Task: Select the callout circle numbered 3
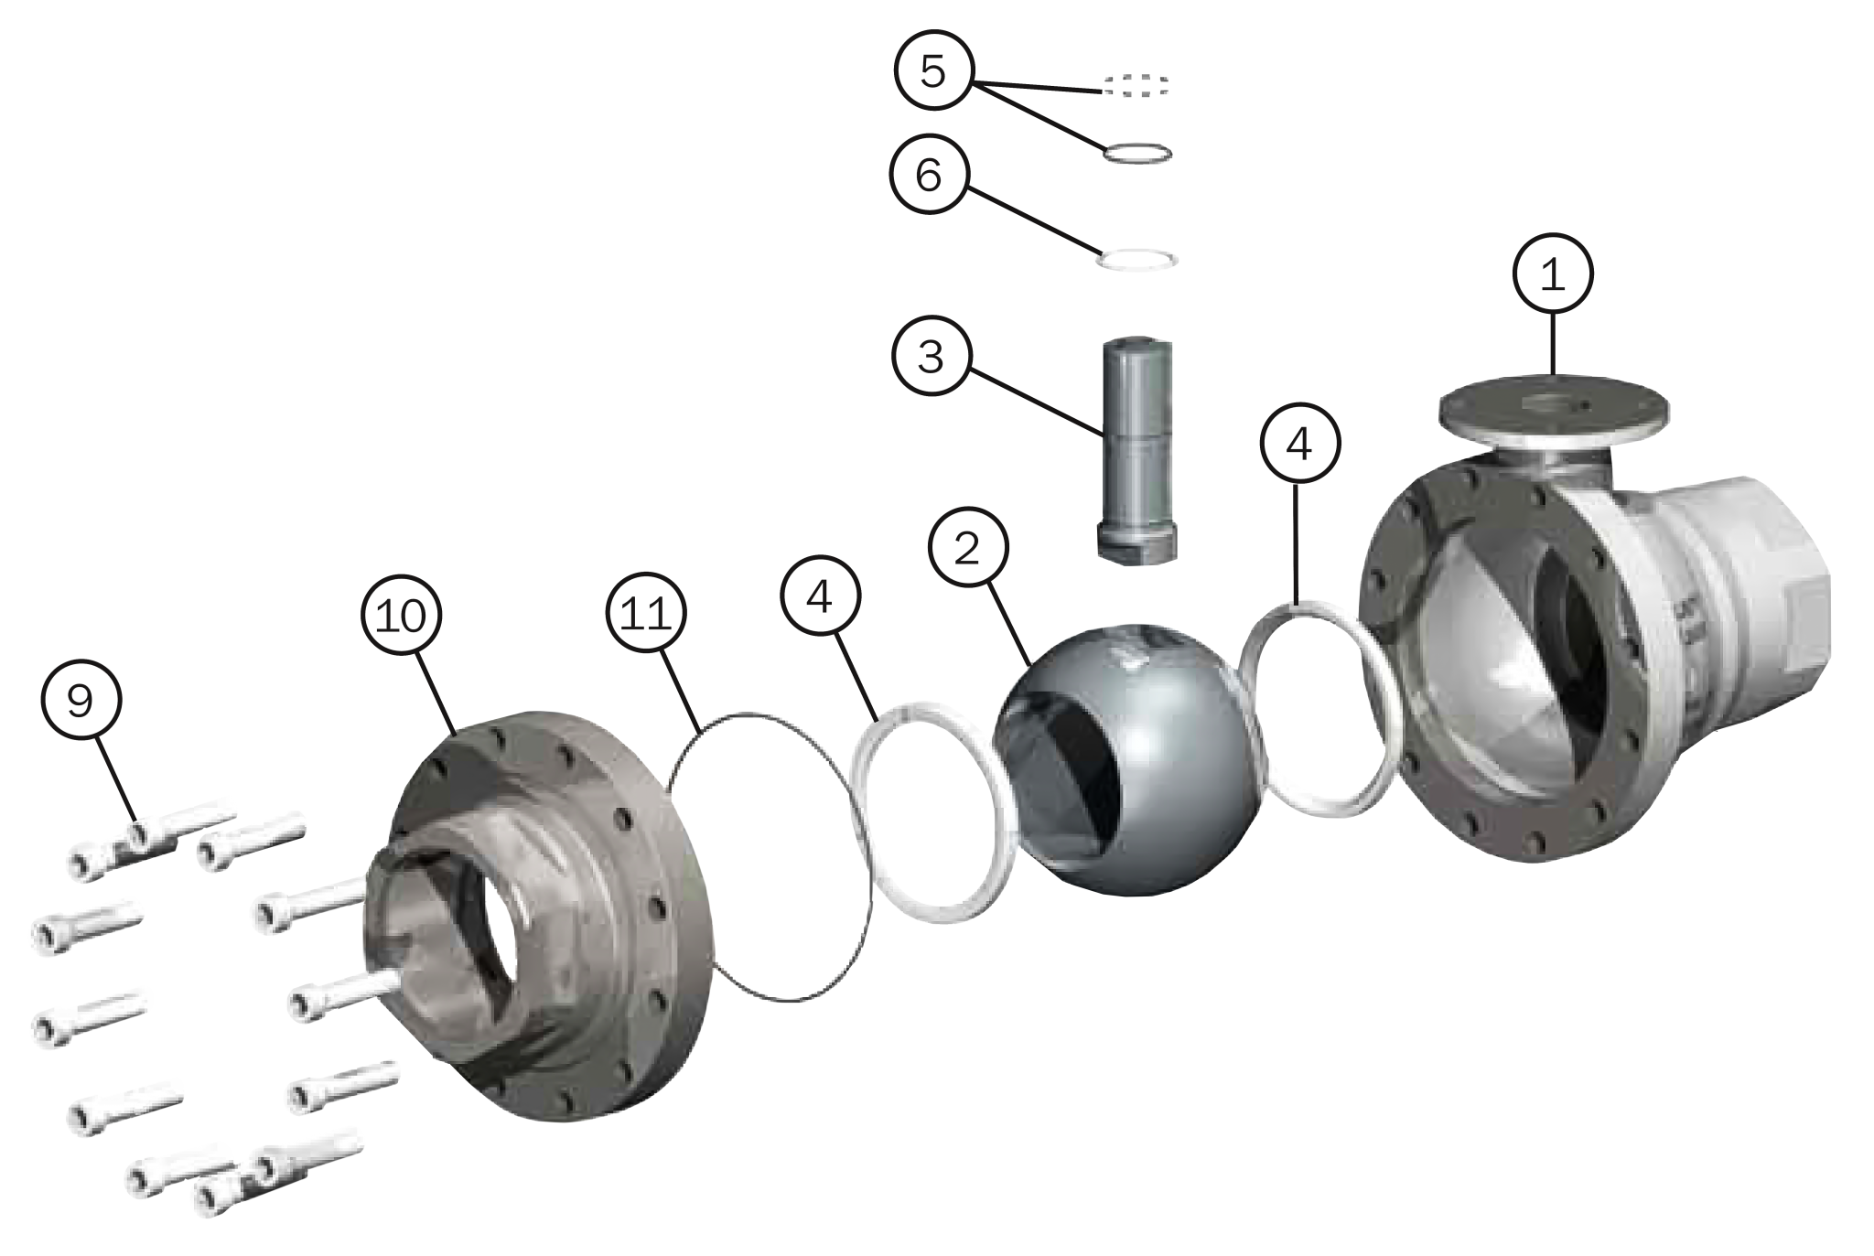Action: [931, 356]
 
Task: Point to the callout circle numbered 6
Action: [930, 177]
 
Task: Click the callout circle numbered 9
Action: [81, 701]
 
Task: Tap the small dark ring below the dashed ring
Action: [1136, 153]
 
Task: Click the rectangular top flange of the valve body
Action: [1554, 406]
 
